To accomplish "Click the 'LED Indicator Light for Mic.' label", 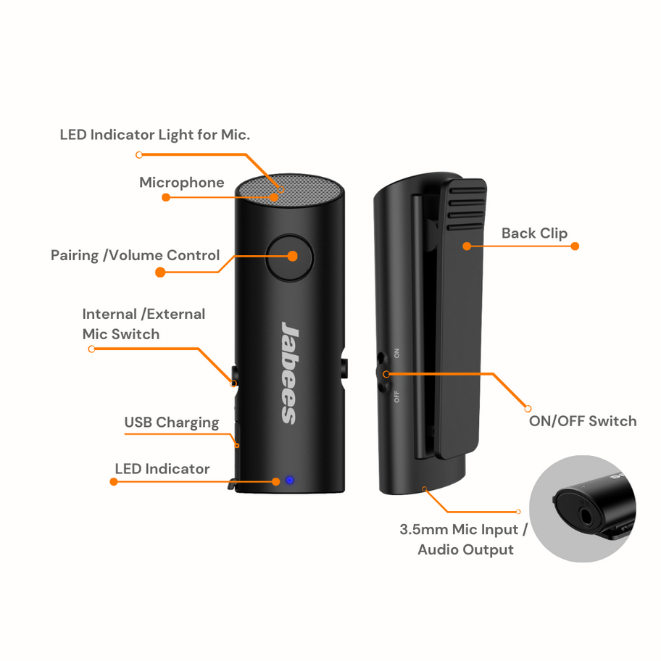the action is point(154,135).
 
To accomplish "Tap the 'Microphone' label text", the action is point(182,183).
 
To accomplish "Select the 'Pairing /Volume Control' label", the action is point(135,255).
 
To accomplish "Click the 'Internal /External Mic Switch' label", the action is point(143,324).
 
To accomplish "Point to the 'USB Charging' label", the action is point(172,423).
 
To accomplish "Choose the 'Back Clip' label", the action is point(534,233).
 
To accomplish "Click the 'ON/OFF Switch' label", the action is point(583,421).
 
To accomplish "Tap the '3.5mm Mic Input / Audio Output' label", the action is point(465,539).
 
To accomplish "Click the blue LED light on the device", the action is point(290,480).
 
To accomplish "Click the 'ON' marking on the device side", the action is point(396,353).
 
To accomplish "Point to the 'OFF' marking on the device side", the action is point(396,396).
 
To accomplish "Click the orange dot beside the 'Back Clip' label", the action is point(575,246).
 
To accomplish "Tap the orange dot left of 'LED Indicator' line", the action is point(114,481).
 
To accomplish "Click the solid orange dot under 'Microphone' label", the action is point(166,197).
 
